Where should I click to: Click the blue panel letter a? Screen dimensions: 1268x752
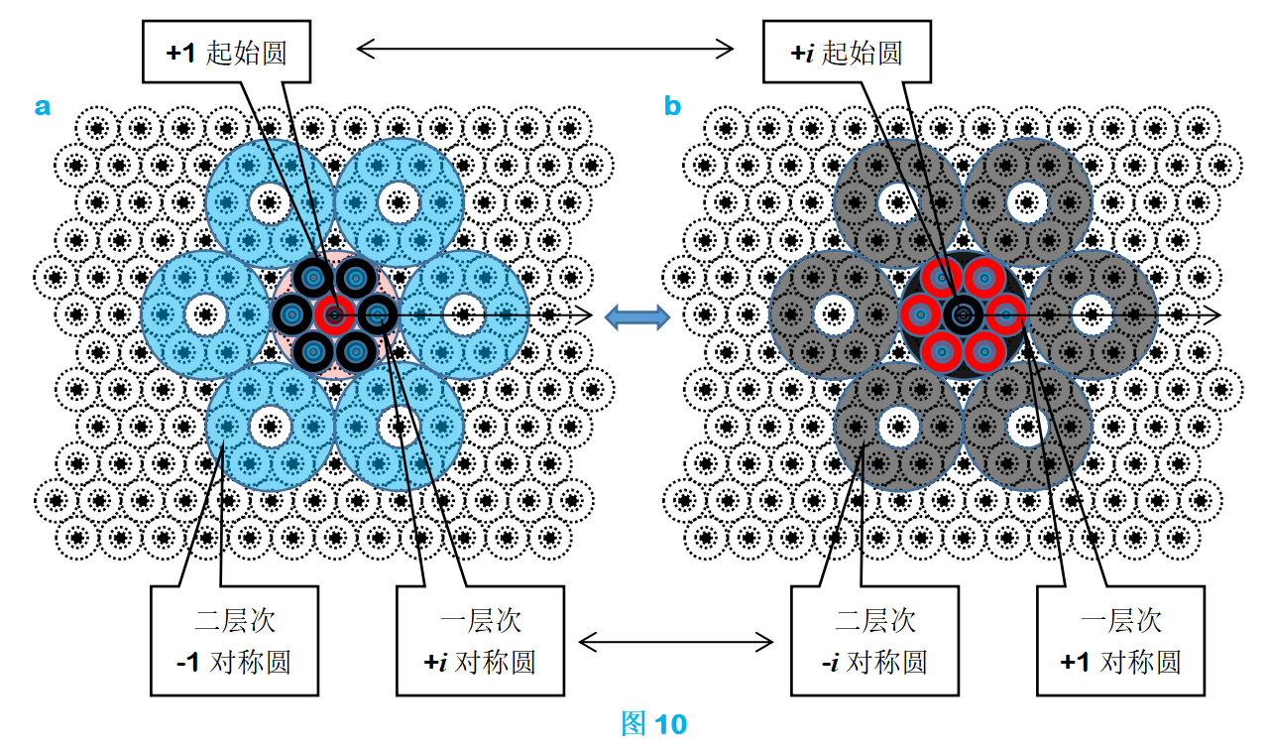click(x=43, y=106)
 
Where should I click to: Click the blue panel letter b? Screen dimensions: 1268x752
click(x=672, y=106)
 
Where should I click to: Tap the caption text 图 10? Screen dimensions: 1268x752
click(x=653, y=723)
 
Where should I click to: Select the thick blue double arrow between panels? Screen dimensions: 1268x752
click(x=637, y=317)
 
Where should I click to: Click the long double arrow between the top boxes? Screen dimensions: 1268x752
click(x=545, y=49)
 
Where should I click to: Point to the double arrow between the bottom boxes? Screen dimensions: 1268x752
click(x=676, y=642)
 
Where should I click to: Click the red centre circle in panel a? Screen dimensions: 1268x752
click(x=334, y=314)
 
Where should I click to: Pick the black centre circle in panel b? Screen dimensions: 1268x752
click(x=963, y=314)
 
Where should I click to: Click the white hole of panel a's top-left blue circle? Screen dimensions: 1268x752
click(x=270, y=202)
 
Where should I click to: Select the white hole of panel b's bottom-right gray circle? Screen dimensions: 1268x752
click(x=1027, y=427)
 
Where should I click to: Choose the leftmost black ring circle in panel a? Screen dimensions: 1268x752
click(x=292, y=314)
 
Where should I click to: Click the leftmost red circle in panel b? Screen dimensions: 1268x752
click(x=920, y=314)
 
